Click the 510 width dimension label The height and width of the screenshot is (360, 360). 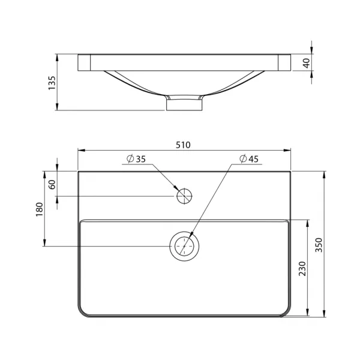point(183,145)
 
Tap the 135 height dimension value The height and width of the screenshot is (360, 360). point(52,83)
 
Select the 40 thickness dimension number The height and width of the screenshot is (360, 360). point(307,63)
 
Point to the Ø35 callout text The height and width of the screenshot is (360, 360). point(136,159)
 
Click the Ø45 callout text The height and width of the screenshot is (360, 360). point(249,159)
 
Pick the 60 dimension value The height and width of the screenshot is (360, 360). point(53,184)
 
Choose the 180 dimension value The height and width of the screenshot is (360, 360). point(40,209)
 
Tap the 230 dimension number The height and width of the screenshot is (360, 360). point(302,269)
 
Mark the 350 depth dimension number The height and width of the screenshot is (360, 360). point(319,245)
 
